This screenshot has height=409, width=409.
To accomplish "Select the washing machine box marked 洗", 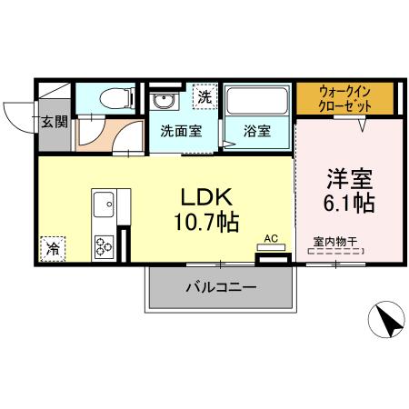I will tap(204, 95).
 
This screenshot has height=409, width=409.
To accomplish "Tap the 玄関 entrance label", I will tap(54, 121).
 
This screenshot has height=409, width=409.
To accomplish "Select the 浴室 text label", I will tap(256, 130).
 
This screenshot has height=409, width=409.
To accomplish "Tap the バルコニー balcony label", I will tap(222, 288).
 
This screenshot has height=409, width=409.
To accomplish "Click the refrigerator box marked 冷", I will tap(52, 245).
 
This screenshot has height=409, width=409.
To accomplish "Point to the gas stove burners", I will tap(103, 245).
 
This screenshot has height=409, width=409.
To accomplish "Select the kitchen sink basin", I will tap(101, 202).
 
